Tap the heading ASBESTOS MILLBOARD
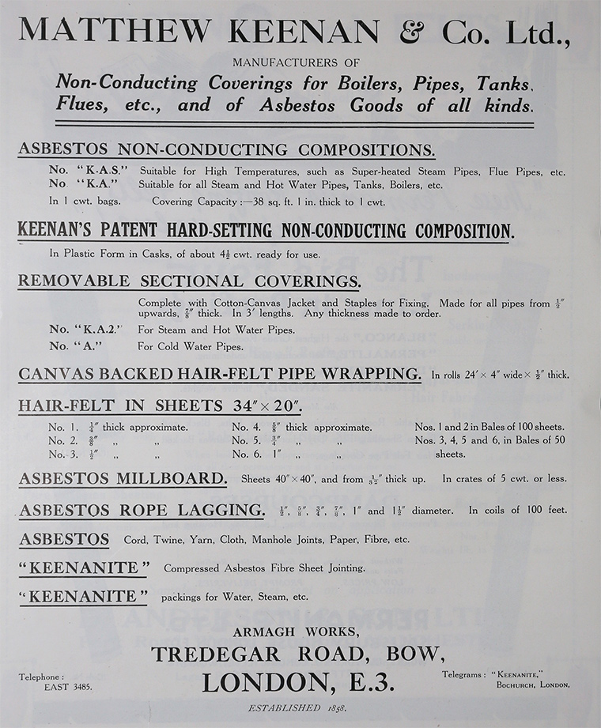(123, 478)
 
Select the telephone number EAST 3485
(67, 687)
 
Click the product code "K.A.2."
(92, 330)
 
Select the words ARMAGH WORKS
(297, 632)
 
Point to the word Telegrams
(463, 674)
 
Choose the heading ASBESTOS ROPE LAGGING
(142, 511)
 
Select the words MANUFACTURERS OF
(297, 62)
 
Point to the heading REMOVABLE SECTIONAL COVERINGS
(189, 281)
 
